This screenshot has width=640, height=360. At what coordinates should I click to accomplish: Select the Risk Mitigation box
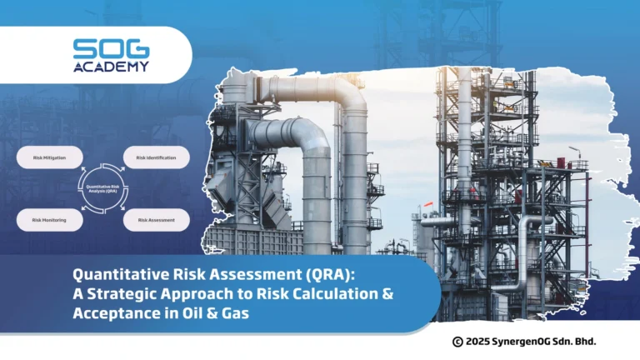tap(49, 157)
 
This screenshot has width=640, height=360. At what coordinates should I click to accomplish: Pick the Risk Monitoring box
tap(49, 220)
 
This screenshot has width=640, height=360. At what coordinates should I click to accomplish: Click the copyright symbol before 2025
tap(457, 342)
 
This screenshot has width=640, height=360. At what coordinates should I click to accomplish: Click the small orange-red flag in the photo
tap(427, 202)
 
